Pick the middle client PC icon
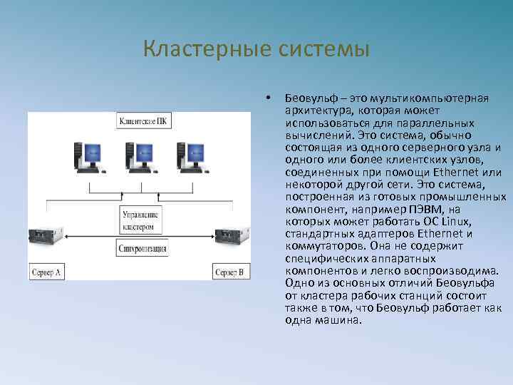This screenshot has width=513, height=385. coord(140,157)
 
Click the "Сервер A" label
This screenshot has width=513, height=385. coord(47,272)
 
